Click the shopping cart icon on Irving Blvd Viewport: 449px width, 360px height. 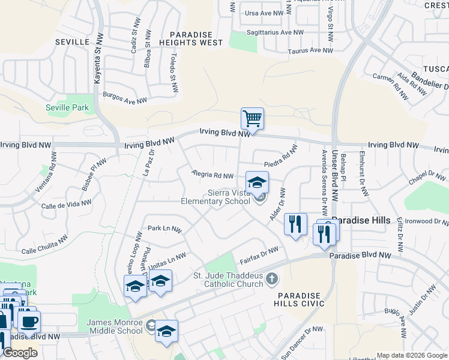252,118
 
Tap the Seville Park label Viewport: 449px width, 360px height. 67,108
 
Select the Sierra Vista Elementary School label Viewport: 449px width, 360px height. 215,197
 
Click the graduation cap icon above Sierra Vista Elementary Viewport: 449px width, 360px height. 257,182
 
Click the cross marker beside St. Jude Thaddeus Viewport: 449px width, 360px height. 272,278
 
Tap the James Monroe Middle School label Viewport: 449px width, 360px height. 115,326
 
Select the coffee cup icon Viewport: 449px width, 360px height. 28,321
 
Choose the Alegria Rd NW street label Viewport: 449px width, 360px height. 212,175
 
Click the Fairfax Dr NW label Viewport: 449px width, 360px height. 259,256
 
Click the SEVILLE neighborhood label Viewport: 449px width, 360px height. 71,42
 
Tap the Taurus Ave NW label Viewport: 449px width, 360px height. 310,52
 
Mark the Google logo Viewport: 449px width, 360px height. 20,353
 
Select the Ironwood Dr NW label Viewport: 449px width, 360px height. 426,221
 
